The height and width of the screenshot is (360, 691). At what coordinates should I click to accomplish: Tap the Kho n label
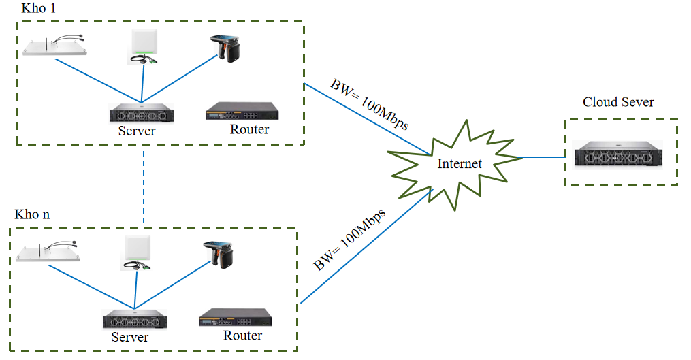click(x=32, y=214)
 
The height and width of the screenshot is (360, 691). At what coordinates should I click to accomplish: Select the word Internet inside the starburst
click(x=460, y=164)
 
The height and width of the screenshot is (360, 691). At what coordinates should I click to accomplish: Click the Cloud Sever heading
click(x=618, y=102)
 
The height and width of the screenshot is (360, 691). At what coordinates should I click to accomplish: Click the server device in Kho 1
click(x=142, y=113)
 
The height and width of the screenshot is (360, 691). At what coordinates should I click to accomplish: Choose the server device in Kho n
click(x=135, y=318)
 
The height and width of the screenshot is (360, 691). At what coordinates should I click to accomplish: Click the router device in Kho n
click(x=235, y=318)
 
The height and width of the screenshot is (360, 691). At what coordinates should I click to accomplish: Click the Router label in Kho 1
click(x=250, y=129)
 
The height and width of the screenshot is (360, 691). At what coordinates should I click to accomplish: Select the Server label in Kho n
click(x=130, y=337)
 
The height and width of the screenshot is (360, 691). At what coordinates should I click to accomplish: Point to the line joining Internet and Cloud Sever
click(x=543, y=157)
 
